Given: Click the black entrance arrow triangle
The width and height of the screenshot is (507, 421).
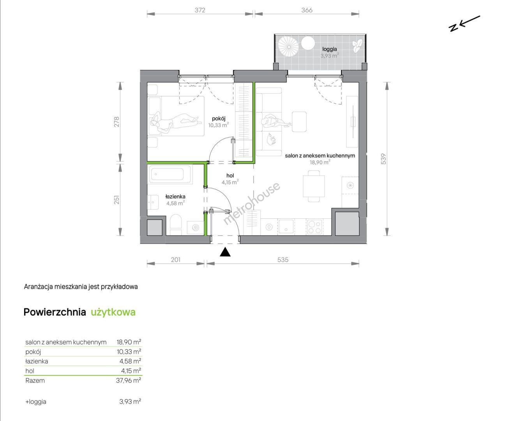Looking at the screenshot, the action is (225, 252).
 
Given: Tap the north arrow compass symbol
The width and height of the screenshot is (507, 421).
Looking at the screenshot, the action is (464, 23).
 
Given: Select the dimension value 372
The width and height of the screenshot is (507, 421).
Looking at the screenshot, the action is (200, 10).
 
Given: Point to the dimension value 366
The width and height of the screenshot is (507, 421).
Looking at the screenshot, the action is (307, 10).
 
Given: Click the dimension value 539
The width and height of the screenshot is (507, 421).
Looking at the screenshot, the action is (383, 159).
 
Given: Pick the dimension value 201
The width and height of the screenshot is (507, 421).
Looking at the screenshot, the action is (175, 260).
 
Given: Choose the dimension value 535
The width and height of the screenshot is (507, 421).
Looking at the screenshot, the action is (283, 260).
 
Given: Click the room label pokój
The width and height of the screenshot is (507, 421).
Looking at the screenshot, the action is (219, 119).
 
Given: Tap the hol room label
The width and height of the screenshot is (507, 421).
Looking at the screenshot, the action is (230, 175).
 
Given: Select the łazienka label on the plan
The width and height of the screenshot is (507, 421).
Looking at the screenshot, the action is (175, 196).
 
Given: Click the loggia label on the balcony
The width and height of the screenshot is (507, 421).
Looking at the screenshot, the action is (330, 50).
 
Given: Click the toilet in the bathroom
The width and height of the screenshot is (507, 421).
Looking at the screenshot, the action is (175, 224).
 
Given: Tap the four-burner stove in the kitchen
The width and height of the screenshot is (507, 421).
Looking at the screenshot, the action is (314, 227).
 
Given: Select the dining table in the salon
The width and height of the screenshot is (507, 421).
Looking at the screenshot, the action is (314, 186).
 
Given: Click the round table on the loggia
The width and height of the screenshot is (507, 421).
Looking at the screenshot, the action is (308, 43).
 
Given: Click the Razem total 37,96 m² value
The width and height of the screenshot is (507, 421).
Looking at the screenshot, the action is (129, 380).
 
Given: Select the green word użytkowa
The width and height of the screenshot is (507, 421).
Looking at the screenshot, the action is (113, 312).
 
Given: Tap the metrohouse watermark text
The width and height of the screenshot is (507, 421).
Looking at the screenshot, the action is (251, 203).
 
